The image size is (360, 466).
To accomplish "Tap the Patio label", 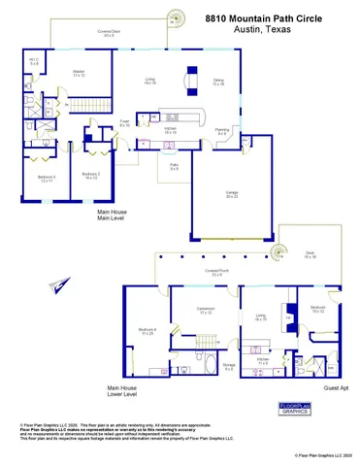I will (x=176, y=167).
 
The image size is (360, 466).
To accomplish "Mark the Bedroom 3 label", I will (x=46, y=178).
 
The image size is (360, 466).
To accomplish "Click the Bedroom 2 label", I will (x=92, y=175).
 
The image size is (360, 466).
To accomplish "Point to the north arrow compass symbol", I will (x=63, y=283).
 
